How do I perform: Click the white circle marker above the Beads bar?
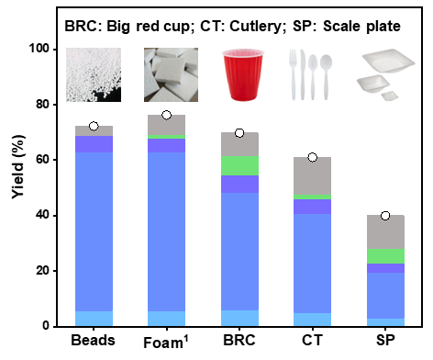(x=94, y=126)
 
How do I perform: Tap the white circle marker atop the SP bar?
(x=385, y=216)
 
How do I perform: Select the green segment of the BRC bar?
(x=239, y=165)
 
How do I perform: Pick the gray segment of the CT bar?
(x=313, y=175)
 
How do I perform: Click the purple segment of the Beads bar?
(x=94, y=144)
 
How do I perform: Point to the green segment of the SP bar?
(x=385, y=256)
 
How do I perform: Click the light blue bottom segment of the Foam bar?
(x=166, y=319)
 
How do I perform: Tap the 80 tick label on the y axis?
(x=42, y=105)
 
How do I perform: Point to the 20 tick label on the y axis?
(x=42, y=271)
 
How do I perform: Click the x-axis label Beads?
(x=93, y=341)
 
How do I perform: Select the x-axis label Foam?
(x=162, y=343)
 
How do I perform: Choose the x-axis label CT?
(x=312, y=341)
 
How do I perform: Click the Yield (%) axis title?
(x=18, y=167)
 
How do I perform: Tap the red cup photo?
(x=243, y=74)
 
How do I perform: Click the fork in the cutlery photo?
(x=293, y=74)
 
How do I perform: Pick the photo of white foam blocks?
(x=171, y=74)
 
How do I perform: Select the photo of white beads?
(x=94, y=74)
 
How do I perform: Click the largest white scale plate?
(x=388, y=61)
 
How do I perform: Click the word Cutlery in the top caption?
(x=255, y=27)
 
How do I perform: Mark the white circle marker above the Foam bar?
(x=167, y=115)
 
